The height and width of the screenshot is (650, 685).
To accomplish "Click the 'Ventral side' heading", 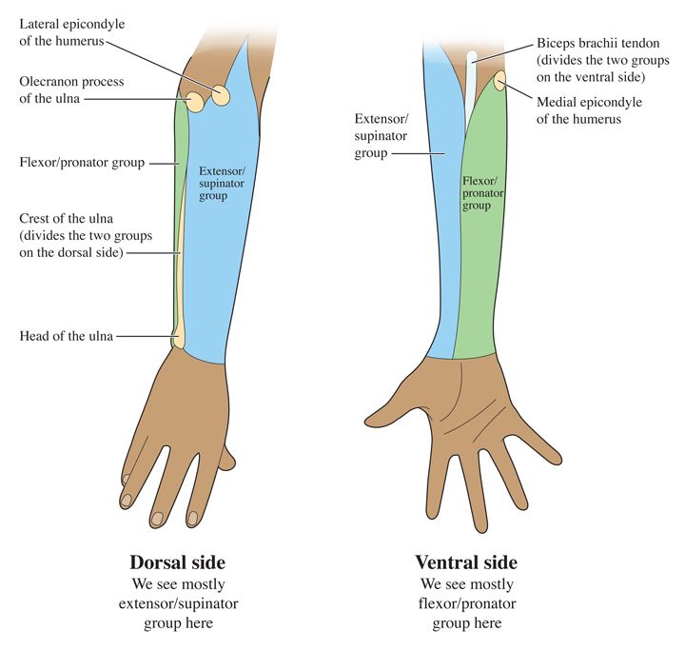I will pos(465,561).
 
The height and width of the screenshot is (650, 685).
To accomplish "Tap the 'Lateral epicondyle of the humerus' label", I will pos(71,30).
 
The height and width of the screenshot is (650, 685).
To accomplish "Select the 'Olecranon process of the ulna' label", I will pos(71,90).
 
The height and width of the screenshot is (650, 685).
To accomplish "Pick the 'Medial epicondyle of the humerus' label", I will pos(589,110).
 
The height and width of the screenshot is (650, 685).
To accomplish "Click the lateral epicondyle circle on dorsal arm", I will pos(221,95).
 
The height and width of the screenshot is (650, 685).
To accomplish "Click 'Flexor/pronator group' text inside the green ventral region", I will pos(482,192).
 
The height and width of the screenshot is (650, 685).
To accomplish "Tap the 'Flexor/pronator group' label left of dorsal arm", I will pos(82,163).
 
